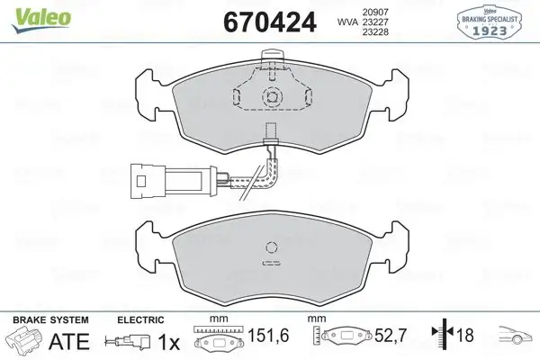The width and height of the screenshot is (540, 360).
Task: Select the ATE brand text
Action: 67,341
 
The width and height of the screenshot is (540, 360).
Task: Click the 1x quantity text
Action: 166,341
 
